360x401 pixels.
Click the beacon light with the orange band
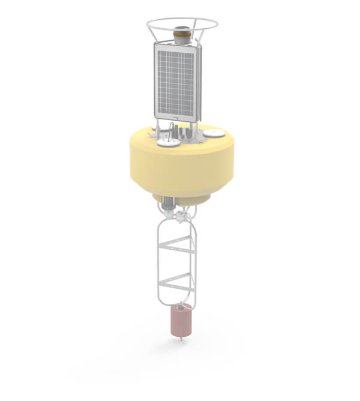click(x=182, y=34)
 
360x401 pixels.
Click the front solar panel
click(x=175, y=80)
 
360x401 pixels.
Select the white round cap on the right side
click(x=213, y=133)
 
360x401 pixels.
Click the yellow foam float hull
click(x=180, y=168)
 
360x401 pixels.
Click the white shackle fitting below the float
click(x=179, y=214)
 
